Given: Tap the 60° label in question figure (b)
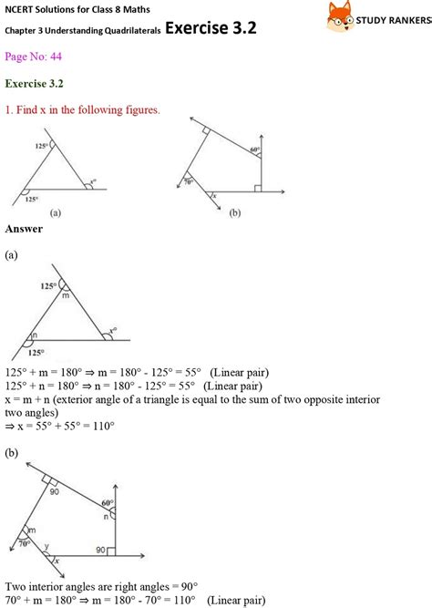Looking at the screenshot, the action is click(x=254, y=149).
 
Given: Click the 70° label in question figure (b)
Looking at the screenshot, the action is click(x=189, y=181).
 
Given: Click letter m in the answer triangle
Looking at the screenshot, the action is click(x=65, y=294).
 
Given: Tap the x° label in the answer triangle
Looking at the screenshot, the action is click(x=113, y=331).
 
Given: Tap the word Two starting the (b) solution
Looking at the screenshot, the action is click(x=16, y=586).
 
